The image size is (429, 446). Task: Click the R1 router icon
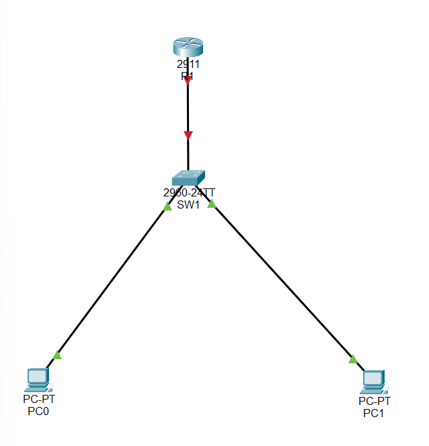[188, 48]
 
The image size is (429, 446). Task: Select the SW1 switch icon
[188, 177]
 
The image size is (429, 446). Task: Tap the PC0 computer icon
[37, 380]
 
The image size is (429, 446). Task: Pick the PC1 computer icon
[373, 381]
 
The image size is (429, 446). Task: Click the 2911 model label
[188, 65]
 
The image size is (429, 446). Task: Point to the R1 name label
[188, 76]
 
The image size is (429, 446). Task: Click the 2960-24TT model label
[189, 193]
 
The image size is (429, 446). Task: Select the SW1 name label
[189, 205]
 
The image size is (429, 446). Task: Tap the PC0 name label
[38, 412]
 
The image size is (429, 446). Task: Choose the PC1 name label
[374, 413]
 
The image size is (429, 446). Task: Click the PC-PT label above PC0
[38, 400]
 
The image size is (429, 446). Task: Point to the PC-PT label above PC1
[374, 402]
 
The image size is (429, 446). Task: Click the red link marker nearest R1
[188, 80]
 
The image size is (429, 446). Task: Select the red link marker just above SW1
[188, 135]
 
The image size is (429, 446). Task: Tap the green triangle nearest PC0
[57, 355]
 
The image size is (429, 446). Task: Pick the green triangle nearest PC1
[353, 359]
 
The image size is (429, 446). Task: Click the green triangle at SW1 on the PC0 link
[167, 206]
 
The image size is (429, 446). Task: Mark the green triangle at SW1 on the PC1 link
[211, 203]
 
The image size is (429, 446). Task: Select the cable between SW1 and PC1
[282, 282]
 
